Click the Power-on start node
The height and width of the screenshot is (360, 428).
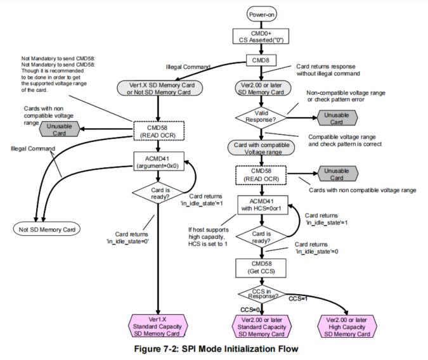(261, 13)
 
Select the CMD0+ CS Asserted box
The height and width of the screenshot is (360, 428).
(261, 37)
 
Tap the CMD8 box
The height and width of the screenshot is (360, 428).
(261, 61)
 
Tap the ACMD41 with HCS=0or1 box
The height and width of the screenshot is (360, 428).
(261, 205)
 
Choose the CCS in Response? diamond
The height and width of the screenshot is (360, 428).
(261, 293)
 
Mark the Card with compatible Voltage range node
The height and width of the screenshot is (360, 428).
(261, 148)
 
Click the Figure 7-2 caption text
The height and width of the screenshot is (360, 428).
(214, 349)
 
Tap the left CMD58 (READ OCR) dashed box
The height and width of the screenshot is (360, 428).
(158, 131)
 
